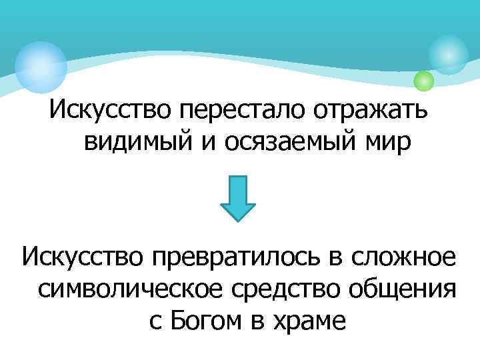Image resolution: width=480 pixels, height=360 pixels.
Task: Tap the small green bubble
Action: [x=423, y=81]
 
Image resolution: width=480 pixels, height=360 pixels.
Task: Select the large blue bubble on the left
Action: [x=41, y=67]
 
